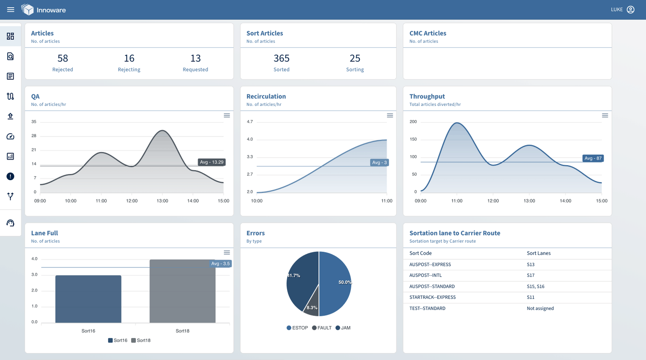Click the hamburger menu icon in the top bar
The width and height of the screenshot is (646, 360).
click(10, 10)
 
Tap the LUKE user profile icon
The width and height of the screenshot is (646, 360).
click(630, 10)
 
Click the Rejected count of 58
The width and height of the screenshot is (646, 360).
click(63, 59)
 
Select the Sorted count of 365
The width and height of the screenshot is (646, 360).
click(281, 59)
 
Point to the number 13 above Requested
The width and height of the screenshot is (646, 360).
click(195, 59)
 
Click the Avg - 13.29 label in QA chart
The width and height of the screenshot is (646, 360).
click(212, 162)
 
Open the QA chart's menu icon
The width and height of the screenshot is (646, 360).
click(227, 116)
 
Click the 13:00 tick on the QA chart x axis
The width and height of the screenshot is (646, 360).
click(162, 201)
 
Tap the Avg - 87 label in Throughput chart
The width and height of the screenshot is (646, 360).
click(593, 158)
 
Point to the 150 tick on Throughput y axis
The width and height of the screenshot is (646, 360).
click(413, 139)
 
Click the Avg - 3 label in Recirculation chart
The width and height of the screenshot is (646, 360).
click(379, 162)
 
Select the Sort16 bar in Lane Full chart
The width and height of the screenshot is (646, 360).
click(88, 299)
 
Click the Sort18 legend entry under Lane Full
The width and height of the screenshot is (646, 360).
click(141, 340)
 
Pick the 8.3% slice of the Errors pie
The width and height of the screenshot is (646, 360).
click(311, 305)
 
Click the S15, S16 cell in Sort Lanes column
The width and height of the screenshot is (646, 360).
click(535, 286)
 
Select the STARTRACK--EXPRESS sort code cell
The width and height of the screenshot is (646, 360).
click(432, 297)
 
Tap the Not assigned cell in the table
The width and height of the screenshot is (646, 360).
click(540, 308)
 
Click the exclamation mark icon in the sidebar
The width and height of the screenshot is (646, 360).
click(10, 176)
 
